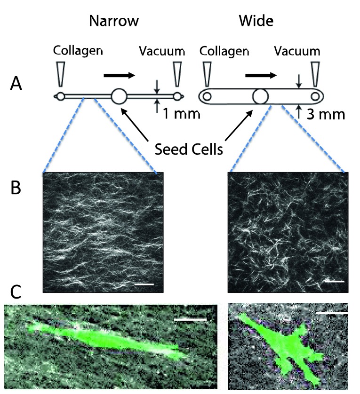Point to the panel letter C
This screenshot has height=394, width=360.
tap(16, 292)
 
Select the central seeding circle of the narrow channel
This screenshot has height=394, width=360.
tap(119, 96)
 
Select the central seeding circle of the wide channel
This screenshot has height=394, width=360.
tap(260, 96)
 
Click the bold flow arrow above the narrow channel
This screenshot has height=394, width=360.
tap(120, 75)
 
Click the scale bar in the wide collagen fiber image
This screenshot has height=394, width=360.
tap(334, 282)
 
